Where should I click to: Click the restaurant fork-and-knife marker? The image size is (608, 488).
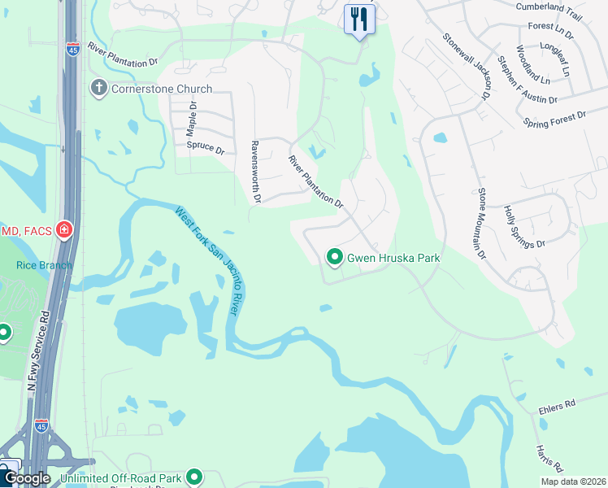coord(358,19)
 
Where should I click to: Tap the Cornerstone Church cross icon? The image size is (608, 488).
coord(99,88)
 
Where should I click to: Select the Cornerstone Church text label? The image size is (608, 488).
coord(161,89)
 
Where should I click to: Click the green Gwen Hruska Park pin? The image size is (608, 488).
coord(334,258)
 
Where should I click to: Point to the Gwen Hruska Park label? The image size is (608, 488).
coord(393,258)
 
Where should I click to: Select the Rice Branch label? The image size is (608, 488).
coord(44,265)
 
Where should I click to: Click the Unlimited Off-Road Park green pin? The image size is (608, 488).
coord(194,477)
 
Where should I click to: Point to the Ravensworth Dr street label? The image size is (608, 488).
coord(255,170)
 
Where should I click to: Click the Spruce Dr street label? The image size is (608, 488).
coord(205,147)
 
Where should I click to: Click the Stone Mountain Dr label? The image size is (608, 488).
coord(481,224)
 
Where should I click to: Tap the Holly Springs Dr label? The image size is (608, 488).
coord(523,227)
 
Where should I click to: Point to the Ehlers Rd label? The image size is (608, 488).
coord(557,403)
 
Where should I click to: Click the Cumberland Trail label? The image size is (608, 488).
coord(549,7)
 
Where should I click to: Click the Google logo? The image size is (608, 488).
coord(26,478)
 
